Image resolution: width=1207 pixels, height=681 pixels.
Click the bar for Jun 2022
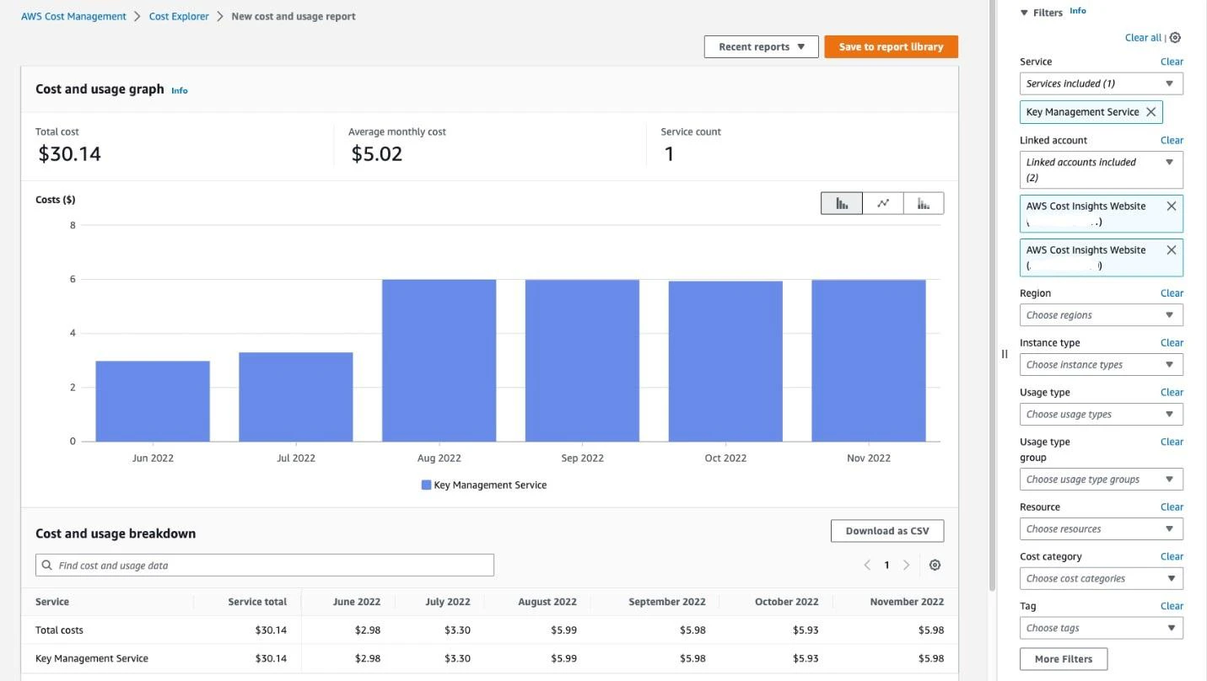pos(153,401)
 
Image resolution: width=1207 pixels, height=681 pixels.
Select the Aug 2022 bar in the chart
pos(439,361)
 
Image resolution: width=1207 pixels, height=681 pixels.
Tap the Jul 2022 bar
pos(295,397)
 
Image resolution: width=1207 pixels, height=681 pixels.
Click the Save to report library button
pos(891,47)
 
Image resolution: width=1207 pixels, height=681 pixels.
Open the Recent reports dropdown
pos(761,47)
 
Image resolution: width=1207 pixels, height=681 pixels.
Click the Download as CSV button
pos(887,531)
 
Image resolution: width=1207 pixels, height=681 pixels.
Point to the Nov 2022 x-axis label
pos(868,458)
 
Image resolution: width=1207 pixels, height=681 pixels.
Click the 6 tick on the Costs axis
pos(73,279)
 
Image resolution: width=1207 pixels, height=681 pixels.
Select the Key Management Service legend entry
pos(484,485)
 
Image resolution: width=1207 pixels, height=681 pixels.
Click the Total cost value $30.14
pos(69,154)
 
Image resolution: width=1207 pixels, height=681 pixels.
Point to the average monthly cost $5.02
pos(377,154)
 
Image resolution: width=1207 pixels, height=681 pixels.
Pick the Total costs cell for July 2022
pos(457,630)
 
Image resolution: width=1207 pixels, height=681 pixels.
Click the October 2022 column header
pos(786,602)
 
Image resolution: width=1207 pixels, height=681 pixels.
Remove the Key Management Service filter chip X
pos(1151,112)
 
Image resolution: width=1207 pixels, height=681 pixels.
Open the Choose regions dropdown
pos(1101,315)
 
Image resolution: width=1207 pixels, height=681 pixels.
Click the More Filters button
pos(1064,659)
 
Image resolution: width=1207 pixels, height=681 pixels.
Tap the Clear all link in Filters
pos(1143,38)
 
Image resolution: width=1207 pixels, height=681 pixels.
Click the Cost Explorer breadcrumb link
pos(179,16)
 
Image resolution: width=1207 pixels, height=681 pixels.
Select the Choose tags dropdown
pos(1101,628)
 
